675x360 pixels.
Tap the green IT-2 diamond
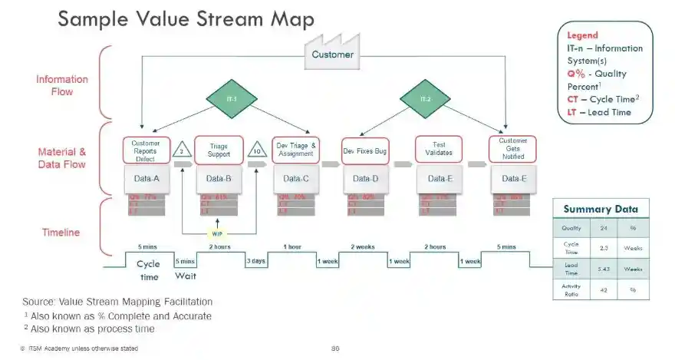click(424, 99)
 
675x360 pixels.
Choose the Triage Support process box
click(219, 150)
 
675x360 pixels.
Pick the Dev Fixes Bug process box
click(365, 151)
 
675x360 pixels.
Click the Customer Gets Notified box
click(513, 149)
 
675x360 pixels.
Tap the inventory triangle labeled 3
click(181, 151)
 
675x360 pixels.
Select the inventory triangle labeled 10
click(255, 151)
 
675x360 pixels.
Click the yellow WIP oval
click(218, 233)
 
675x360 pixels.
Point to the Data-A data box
click(145, 179)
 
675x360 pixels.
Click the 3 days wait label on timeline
click(256, 261)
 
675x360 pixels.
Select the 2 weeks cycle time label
click(363, 247)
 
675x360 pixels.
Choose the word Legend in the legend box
click(582, 35)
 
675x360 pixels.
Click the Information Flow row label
click(62, 85)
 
